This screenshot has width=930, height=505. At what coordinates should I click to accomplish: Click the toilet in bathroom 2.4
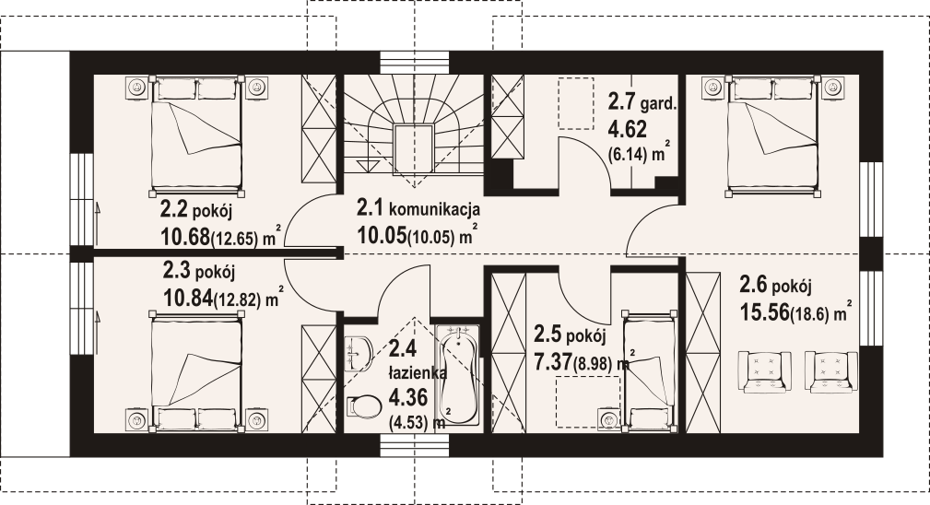click(x=363, y=406)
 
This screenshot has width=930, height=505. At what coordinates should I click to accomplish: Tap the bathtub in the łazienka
click(x=459, y=374)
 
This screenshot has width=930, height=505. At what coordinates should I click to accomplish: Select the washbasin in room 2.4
click(x=359, y=353)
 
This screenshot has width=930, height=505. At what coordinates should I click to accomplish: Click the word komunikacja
click(x=434, y=209)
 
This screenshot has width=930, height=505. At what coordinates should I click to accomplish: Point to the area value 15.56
click(x=764, y=311)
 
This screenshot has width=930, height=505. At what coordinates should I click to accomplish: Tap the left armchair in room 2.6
click(x=764, y=371)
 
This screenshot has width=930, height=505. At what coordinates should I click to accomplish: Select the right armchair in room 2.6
click(x=831, y=371)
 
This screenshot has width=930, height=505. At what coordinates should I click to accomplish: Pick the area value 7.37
click(x=553, y=362)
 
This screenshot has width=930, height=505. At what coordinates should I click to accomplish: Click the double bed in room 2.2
click(x=197, y=135)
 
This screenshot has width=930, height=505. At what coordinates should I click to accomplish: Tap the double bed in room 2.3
click(x=197, y=370)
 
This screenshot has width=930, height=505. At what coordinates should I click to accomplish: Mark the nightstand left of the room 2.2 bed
click(x=137, y=88)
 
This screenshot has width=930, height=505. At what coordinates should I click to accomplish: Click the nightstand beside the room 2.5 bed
click(x=610, y=419)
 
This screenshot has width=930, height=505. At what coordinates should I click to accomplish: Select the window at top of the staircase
click(x=416, y=62)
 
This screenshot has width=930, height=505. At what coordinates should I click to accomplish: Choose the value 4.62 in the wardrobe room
click(x=627, y=130)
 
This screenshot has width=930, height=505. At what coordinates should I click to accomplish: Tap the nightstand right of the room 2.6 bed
click(x=834, y=88)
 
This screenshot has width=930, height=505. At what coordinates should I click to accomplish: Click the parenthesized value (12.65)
click(x=235, y=240)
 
